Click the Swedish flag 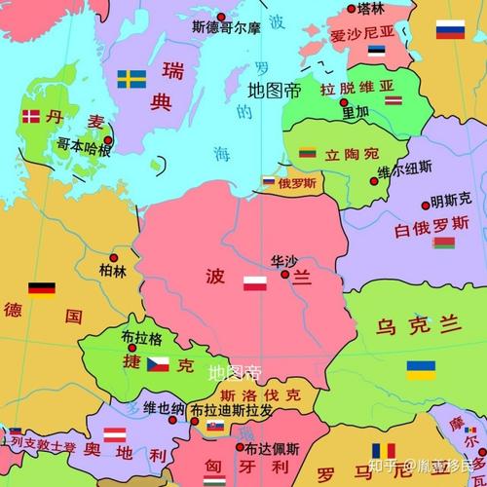tap(131, 78)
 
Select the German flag tap(41, 288)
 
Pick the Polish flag tap(254, 283)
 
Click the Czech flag tap(158, 364)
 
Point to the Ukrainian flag tap(421, 369)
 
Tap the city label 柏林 tap(113, 270)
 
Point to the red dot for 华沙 tap(284, 274)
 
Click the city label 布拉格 tap(142, 338)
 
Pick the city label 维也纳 tap(163, 408)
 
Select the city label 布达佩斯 tap(272, 449)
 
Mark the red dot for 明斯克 tap(426, 205)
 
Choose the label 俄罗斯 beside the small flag tap(297, 182)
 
